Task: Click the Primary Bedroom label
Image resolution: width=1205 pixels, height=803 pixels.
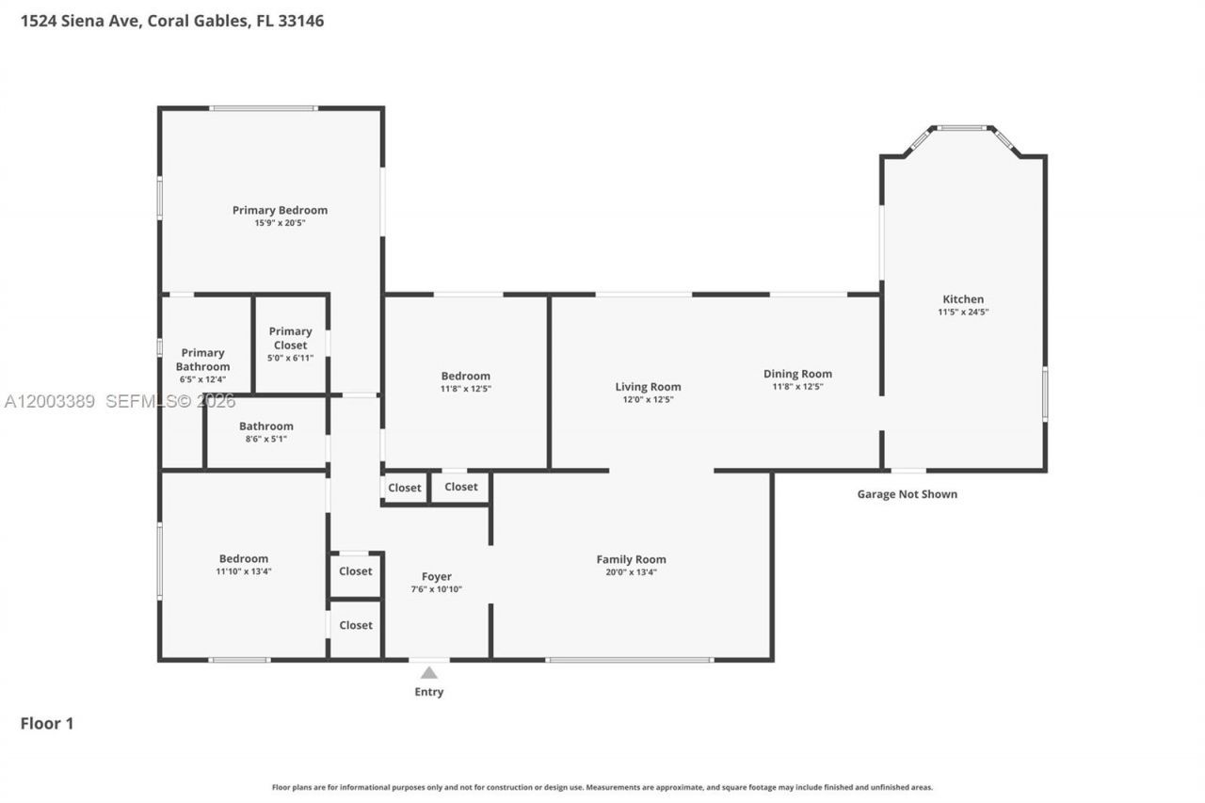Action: click(x=280, y=210)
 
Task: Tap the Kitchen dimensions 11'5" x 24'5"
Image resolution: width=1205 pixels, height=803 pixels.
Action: click(x=963, y=312)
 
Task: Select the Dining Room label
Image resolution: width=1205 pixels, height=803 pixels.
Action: click(x=797, y=374)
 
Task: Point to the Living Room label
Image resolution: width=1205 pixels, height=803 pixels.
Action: click(x=648, y=387)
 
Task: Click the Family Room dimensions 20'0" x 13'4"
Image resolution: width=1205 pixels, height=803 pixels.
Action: click(x=631, y=571)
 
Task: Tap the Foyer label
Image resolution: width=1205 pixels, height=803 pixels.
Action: click(x=436, y=576)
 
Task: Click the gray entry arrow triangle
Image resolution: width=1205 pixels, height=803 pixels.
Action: click(x=429, y=672)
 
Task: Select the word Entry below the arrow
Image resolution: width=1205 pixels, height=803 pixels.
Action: click(x=429, y=692)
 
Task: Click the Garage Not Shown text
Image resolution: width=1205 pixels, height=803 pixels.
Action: click(x=907, y=494)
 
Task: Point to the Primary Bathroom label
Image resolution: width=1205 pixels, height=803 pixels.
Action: click(x=202, y=360)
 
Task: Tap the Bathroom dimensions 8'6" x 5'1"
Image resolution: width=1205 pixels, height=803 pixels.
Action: click(x=266, y=439)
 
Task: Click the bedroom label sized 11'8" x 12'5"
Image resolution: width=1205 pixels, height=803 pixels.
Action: click(x=465, y=377)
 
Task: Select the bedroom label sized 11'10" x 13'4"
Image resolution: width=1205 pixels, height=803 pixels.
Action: click(x=244, y=558)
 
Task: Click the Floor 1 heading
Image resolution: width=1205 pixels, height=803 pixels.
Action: click(x=47, y=723)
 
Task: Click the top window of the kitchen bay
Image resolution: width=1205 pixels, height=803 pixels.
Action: click(x=962, y=128)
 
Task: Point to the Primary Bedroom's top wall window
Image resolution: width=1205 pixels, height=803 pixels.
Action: click(x=264, y=108)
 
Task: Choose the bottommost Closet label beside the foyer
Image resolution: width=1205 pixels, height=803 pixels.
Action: click(x=356, y=625)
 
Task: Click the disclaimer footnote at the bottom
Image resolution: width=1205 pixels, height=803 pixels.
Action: click(x=602, y=787)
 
